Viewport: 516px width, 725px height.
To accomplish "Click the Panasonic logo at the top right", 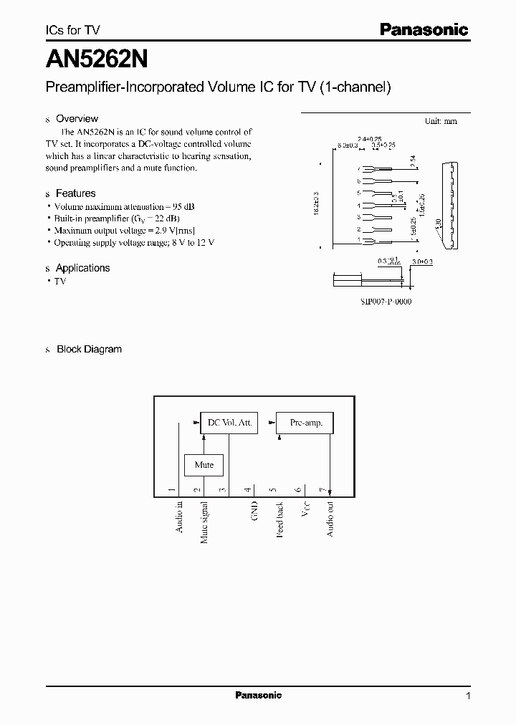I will [x=424, y=29].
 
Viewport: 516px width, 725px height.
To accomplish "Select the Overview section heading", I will [x=77, y=119].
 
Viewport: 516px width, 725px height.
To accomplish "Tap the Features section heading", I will [x=75, y=193].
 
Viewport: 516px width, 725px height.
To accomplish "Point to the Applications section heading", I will [x=82, y=268].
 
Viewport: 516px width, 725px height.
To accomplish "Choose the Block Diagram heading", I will [x=89, y=350].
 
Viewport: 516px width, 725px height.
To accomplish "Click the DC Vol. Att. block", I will [x=229, y=423].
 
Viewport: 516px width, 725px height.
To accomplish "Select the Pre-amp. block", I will [x=306, y=423].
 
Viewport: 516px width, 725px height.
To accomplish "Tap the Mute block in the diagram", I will [x=204, y=465].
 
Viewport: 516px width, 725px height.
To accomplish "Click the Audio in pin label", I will [x=179, y=517].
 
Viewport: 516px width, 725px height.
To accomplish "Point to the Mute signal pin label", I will [x=204, y=522].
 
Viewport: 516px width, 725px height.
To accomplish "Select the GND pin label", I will [x=254, y=510].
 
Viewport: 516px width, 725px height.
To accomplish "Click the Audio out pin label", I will [x=330, y=519].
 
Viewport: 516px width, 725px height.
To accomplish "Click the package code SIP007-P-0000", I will [x=386, y=302].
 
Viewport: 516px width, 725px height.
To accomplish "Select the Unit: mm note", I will [x=441, y=121].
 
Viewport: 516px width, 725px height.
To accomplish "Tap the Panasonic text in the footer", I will [x=259, y=696].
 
